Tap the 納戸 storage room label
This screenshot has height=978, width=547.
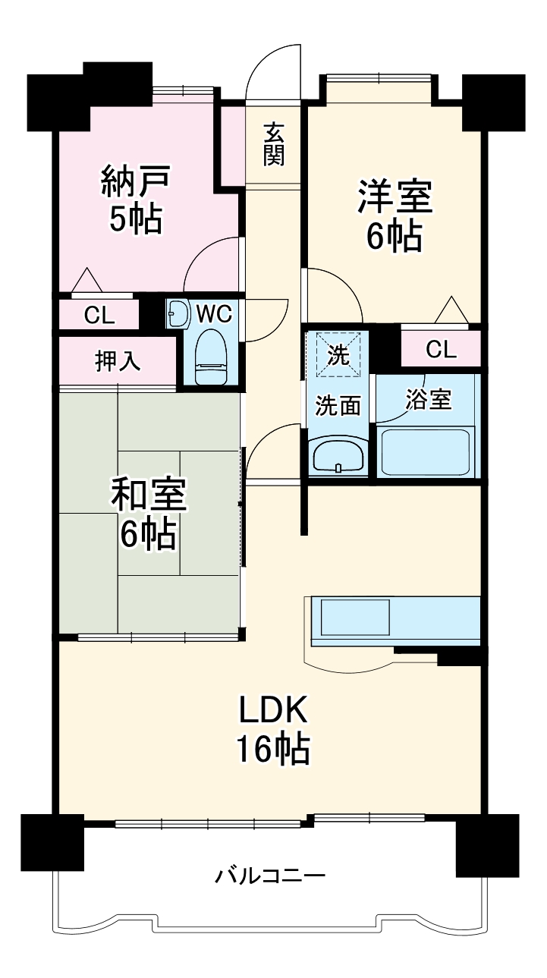[135, 182]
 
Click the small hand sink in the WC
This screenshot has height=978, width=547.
[178, 313]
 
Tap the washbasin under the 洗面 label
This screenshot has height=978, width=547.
[338, 457]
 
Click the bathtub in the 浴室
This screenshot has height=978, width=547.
[426, 452]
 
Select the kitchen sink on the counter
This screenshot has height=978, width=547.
[355, 618]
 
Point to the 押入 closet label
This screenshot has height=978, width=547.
[117, 362]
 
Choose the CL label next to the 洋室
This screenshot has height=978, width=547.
[441, 349]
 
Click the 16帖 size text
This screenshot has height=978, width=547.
[273, 750]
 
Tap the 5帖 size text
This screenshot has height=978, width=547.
[135, 219]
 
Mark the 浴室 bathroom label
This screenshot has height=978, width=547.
[429, 401]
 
